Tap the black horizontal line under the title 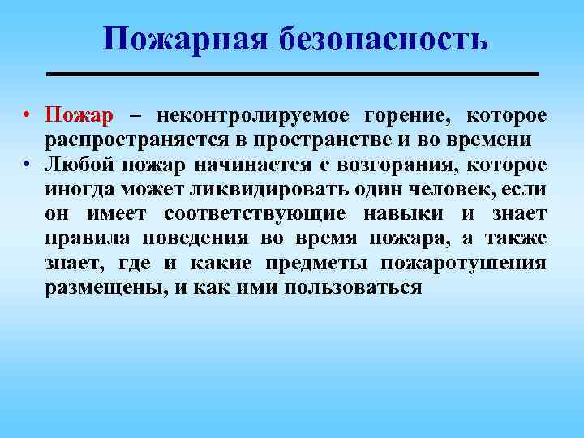tap(293, 74)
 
